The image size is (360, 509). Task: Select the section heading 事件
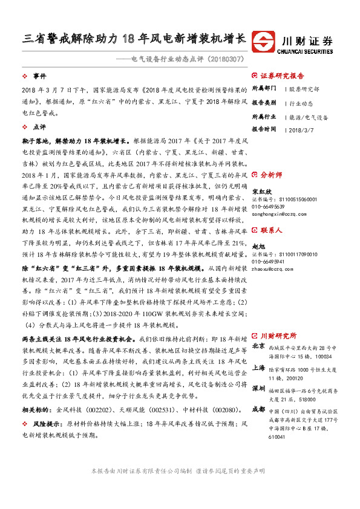coord(39,76)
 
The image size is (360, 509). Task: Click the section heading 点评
coord(39,128)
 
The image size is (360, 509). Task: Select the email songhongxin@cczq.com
coord(278,213)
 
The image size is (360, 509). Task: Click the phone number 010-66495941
coord(269,261)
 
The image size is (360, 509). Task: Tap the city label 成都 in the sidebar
coord(258,410)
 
